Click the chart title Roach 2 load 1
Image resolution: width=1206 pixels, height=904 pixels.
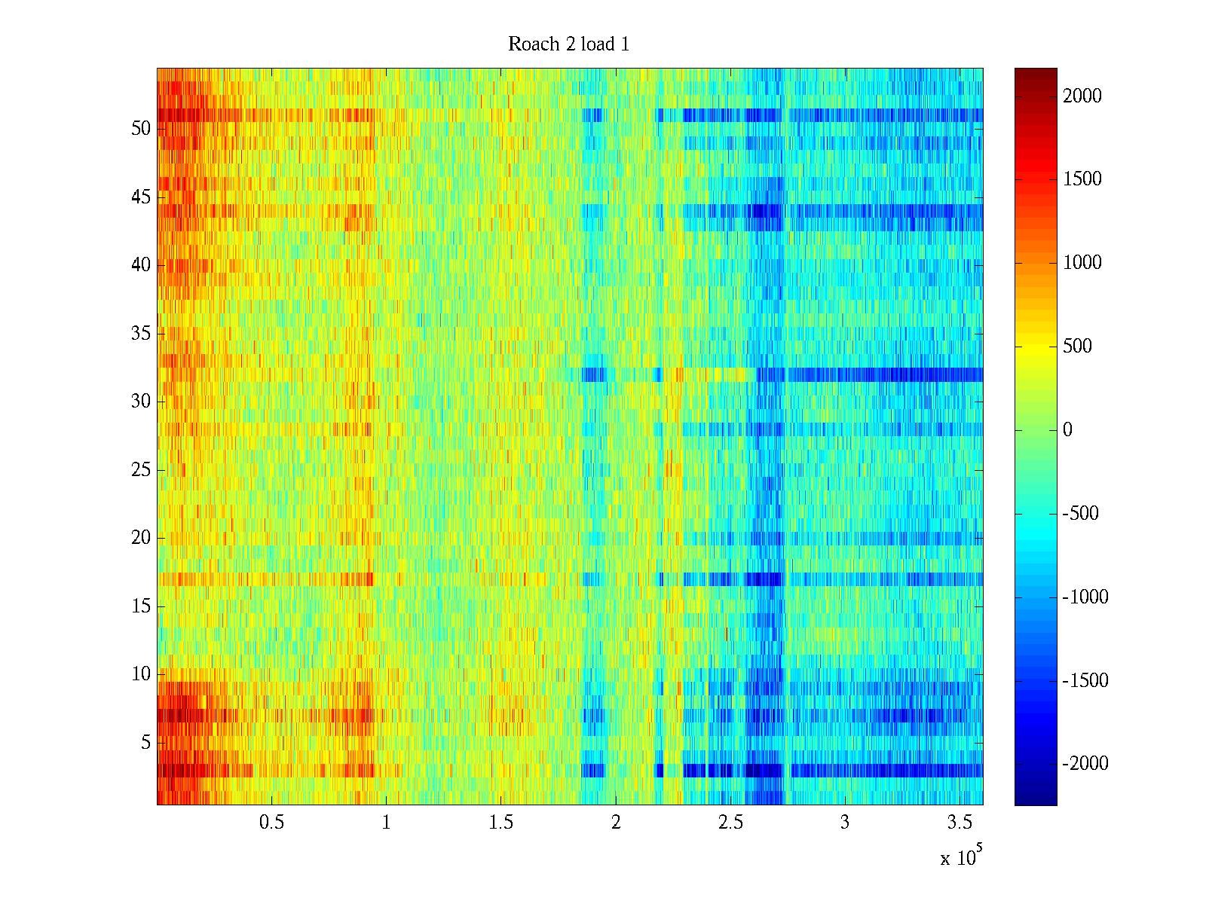568,44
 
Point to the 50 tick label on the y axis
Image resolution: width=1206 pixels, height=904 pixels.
141,129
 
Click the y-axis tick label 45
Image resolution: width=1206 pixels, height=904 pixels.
141,197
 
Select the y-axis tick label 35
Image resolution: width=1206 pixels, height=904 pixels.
141,334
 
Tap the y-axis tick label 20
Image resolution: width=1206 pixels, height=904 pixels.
141,538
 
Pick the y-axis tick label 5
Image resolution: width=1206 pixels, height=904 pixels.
145,743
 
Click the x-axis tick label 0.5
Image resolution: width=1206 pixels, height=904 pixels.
271,823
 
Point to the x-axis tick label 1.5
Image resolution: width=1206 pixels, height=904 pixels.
500,823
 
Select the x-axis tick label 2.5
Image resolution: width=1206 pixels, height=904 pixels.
730,823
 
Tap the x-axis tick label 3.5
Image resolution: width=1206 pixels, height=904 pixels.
960,823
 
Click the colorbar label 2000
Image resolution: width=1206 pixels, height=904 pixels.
1082,96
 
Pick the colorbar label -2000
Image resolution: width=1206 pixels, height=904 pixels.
1085,764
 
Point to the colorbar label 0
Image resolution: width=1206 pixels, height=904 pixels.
1067,430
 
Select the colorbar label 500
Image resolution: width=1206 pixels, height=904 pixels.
1077,347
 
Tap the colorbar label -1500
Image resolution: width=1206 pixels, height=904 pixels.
1085,681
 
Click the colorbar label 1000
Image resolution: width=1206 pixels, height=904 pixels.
1082,263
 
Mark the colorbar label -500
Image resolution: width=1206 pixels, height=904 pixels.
1081,514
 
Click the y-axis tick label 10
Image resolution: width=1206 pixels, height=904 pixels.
141,674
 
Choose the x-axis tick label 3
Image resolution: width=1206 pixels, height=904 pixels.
844,823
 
